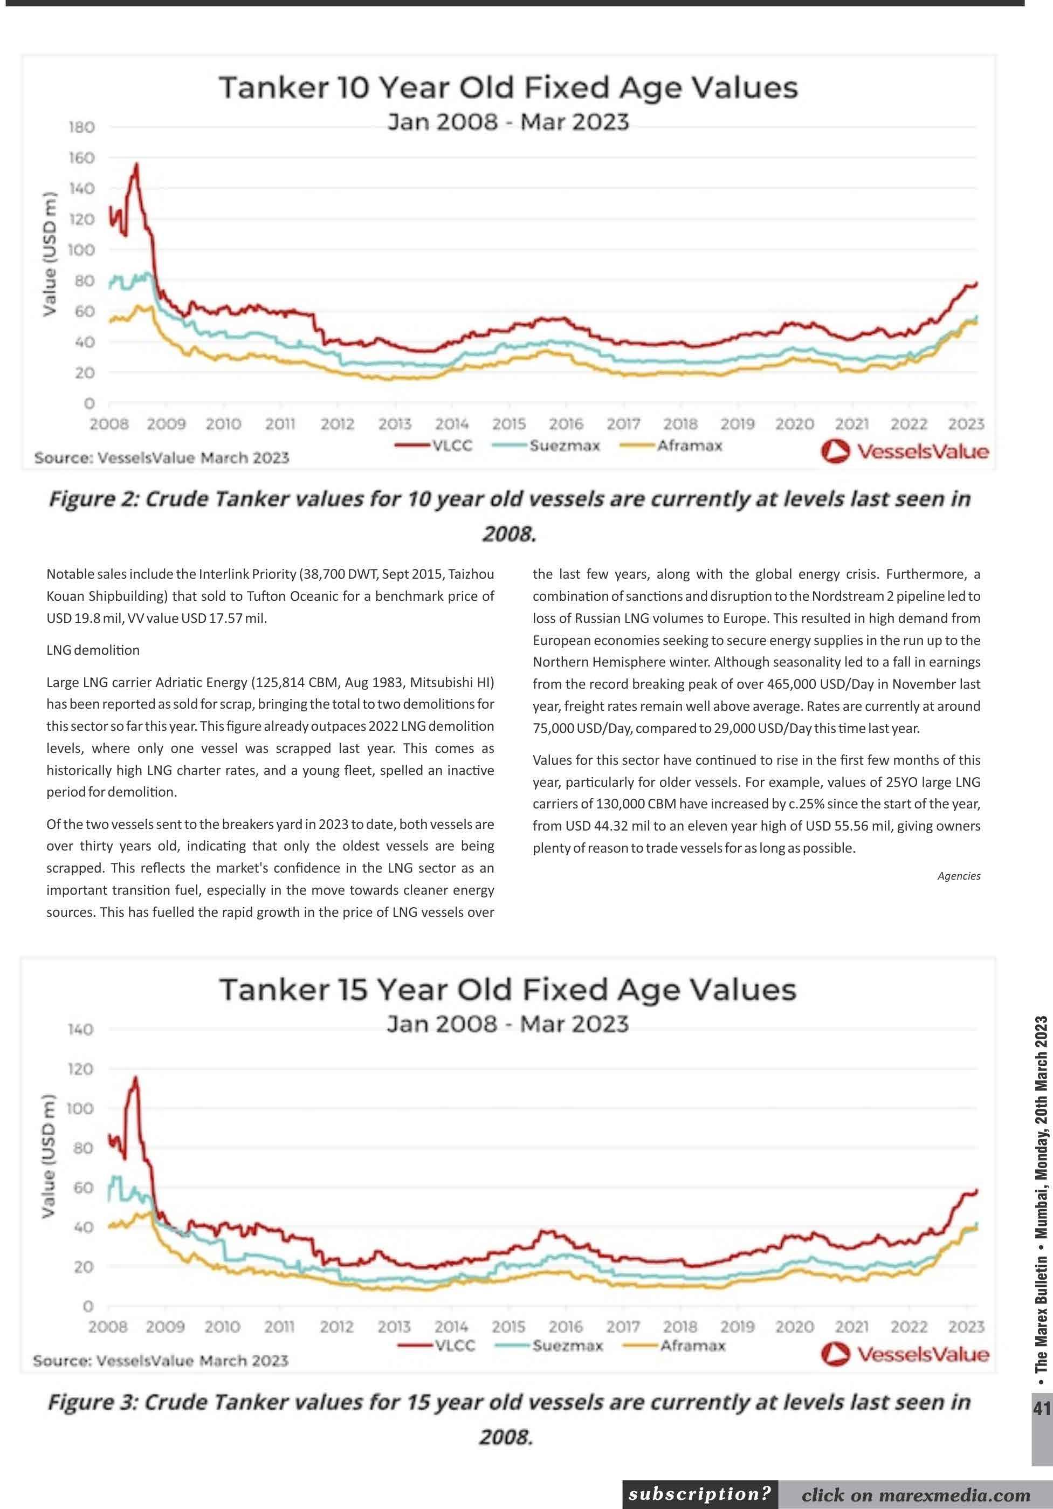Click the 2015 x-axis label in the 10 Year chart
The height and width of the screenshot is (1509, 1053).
pyautogui.click(x=509, y=424)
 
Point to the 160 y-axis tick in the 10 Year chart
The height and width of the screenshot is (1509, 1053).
pyautogui.click(x=81, y=157)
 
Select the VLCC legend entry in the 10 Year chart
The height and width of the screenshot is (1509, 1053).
pyautogui.click(x=452, y=445)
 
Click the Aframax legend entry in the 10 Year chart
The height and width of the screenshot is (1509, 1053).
pyautogui.click(x=689, y=445)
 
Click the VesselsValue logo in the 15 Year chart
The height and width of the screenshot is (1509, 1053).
pyautogui.click(x=905, y=1355)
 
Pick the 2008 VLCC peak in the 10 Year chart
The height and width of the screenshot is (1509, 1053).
pyautogui.click(x=136, y=164)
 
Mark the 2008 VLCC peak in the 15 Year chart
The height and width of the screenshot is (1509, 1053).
pyautogui.click(x=135, y=1077)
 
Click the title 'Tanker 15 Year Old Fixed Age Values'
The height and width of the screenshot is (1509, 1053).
pyautogui.click(x=508, y=990)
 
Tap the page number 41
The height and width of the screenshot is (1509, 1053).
pyautogui.click(x=1041, y=1409)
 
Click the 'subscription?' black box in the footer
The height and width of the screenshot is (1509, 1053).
pyautogui.click(x=700, y=1494)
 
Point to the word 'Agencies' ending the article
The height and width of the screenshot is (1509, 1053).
pyautogui.click(x=959, y=876)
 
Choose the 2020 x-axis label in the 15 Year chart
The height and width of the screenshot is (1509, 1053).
pyautogui.click(x=794, y=1327)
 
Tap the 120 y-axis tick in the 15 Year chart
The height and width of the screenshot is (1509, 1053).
pyautogui.click(x=81, y=1069)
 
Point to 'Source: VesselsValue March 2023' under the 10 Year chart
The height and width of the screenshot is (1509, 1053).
pyautogui.click(x=162, y=457)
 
